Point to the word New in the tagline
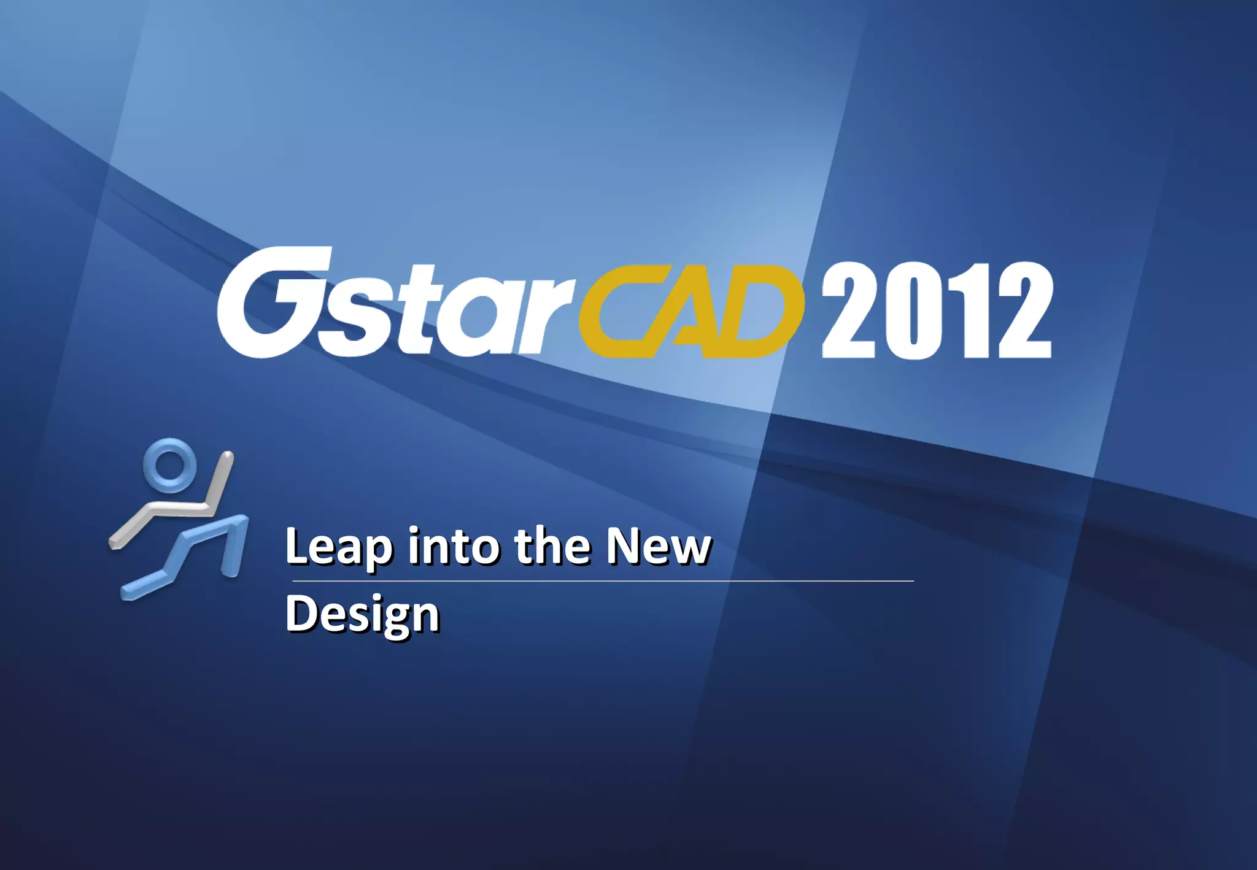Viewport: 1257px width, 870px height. coord(658,545)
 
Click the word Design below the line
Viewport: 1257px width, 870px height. coord(362,614)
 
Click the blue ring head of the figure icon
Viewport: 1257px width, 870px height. coord(169,464)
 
